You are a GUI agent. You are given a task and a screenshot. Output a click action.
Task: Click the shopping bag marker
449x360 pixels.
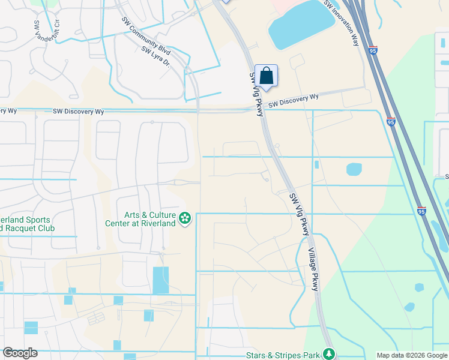pyautogui.click(x=267, y=76)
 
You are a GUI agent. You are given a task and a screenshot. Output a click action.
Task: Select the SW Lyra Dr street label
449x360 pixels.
pyautogui.click(x=156, y=57)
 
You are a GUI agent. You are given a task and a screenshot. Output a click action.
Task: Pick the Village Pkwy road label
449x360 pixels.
pyautogui.click(x=313, y=269)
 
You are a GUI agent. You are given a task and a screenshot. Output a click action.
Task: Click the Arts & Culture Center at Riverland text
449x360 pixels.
pyautogui.click(x=149, y=219)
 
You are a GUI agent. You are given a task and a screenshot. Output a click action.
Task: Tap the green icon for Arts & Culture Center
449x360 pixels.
pyautogui.click(x=185, y=218)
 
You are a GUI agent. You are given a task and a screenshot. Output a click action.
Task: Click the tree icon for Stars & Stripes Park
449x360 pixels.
pyautogui.click(x=328, y=354)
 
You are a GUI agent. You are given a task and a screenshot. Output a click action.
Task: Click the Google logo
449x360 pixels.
pyautogui.click(x=20, y=353)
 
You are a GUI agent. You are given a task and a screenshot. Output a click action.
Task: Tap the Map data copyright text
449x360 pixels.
pyautogui.click(x=412, y=355)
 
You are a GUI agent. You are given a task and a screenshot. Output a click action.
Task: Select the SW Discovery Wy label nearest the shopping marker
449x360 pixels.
pyautogui.click(x=293, y=100)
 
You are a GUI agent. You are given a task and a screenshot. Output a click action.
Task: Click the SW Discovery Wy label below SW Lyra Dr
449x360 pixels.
pyautogui.click(x=78, y=112)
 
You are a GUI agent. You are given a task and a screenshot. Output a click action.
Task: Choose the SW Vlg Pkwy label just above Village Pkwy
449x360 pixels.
pyautogui.click(x=300, y=214)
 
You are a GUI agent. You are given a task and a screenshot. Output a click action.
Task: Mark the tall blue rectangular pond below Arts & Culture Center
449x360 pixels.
pyautogui.click(x=160, y=280)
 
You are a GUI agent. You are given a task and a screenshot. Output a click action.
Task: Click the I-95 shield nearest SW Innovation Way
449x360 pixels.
pyautogui.click(x=373, y=51)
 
